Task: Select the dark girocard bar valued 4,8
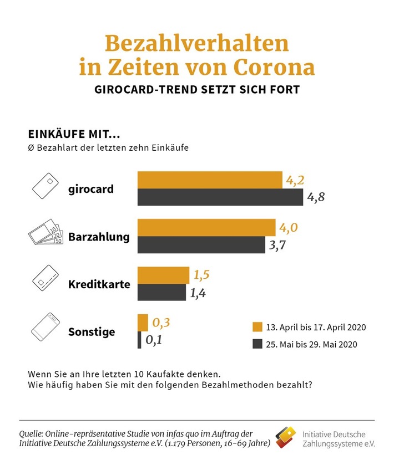tap(220, 197)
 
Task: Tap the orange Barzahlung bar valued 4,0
tap(206, 227)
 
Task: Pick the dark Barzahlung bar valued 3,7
tap(201, 245)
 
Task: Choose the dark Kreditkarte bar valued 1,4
tap(162, 293)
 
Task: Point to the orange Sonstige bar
tap(143, 323)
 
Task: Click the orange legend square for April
tap(256, 326)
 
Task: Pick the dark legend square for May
tap(256, 344)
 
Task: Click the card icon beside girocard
tap(46, 188)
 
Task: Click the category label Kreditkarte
tap(99, 285)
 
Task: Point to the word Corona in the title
tap(269, 67)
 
